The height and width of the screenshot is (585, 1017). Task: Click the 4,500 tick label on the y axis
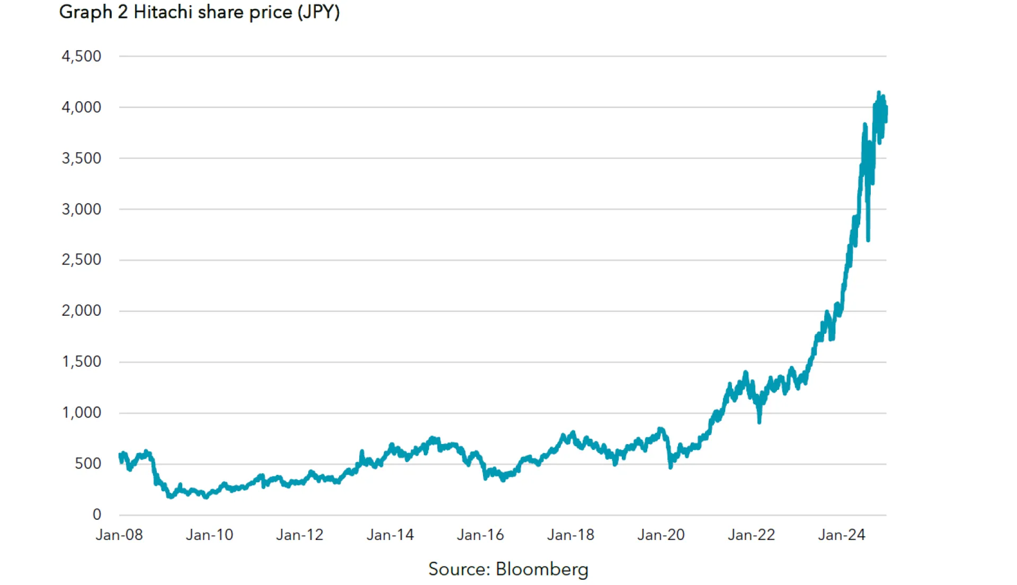(81, 56)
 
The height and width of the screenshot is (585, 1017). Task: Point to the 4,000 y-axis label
(81, 107)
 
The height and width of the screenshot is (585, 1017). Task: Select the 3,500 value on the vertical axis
(81, 158)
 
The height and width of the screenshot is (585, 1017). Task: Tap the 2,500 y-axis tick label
(81, 260)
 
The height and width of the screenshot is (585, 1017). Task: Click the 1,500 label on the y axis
(81, 361)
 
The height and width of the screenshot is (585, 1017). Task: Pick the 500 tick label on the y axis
(88, 464)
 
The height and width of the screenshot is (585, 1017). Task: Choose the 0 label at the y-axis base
(96, 514)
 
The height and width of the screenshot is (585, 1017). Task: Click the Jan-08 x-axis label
(119, 535)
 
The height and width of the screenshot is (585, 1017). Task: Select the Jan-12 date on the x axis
(299, 535)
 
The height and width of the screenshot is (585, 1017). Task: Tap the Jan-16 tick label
(480, 535)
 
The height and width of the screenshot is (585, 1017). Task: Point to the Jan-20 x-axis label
(661, 535)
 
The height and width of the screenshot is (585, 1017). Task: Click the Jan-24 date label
(841, 535)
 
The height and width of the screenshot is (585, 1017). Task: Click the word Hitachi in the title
(163, 12)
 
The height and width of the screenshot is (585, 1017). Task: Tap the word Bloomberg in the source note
(541, 569)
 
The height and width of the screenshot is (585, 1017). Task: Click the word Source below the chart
(459, 569)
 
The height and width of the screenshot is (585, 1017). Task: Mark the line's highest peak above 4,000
(879, 93)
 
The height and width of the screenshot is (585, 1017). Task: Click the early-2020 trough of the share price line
(671, 466)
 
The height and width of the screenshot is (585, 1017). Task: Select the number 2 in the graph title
(122, 12)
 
